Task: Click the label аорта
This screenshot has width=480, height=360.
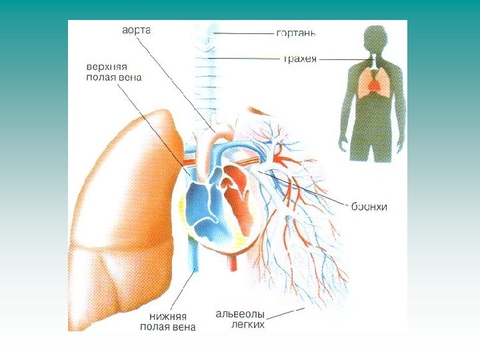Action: click(137, 31)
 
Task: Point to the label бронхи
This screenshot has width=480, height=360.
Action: click(369, 207)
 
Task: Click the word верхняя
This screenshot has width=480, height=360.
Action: click(107, 68)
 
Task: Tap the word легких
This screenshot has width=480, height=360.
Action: click(248, 325)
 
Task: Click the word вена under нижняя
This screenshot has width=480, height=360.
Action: click(183, 327)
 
